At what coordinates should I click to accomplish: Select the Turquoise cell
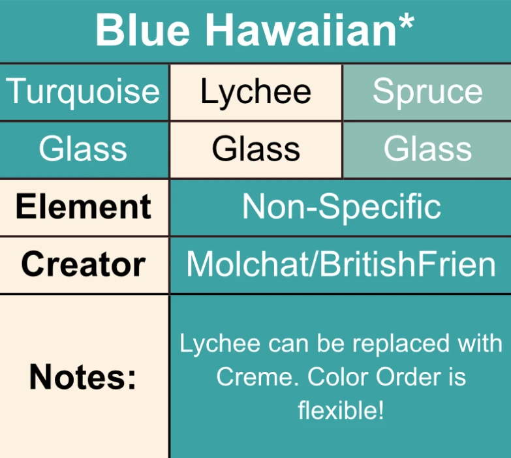tap(84, 92)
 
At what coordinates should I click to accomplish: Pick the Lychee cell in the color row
tap(256, 92)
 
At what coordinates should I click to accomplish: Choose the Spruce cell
tap(427, 92)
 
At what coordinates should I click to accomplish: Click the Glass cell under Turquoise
tap(84, 149)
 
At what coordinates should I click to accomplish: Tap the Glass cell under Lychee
tap(256, 149)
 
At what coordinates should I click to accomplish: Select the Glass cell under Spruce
tap(427, 149)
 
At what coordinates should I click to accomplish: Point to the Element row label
tap(84, 207)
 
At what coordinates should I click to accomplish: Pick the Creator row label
tap(84, 264)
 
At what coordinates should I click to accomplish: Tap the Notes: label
tap(84, 377)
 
